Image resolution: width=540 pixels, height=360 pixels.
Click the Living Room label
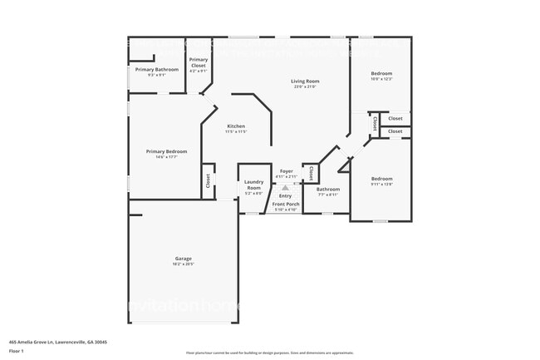305,81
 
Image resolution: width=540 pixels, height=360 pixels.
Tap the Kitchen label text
236,126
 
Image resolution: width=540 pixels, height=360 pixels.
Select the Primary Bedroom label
166,151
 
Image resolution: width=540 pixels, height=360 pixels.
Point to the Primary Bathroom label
157,70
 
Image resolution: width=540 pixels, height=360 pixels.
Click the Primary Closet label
199,62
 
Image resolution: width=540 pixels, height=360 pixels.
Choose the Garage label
183,259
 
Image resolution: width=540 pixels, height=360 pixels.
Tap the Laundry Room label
253,185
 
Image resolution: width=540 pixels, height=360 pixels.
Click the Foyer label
286,171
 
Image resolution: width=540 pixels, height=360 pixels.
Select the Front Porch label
286,204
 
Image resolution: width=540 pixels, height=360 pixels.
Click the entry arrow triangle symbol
286,188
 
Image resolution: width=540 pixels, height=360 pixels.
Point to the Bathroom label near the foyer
327,190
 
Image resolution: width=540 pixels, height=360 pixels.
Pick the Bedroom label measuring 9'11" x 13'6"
381,179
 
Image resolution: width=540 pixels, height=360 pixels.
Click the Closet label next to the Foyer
311,173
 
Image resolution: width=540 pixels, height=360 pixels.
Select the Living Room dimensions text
305,86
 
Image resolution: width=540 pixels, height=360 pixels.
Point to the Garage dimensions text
183,264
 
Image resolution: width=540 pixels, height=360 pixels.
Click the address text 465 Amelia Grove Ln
57,342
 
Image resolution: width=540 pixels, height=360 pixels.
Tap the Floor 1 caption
17,351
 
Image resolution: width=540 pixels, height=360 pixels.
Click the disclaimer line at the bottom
269,354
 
